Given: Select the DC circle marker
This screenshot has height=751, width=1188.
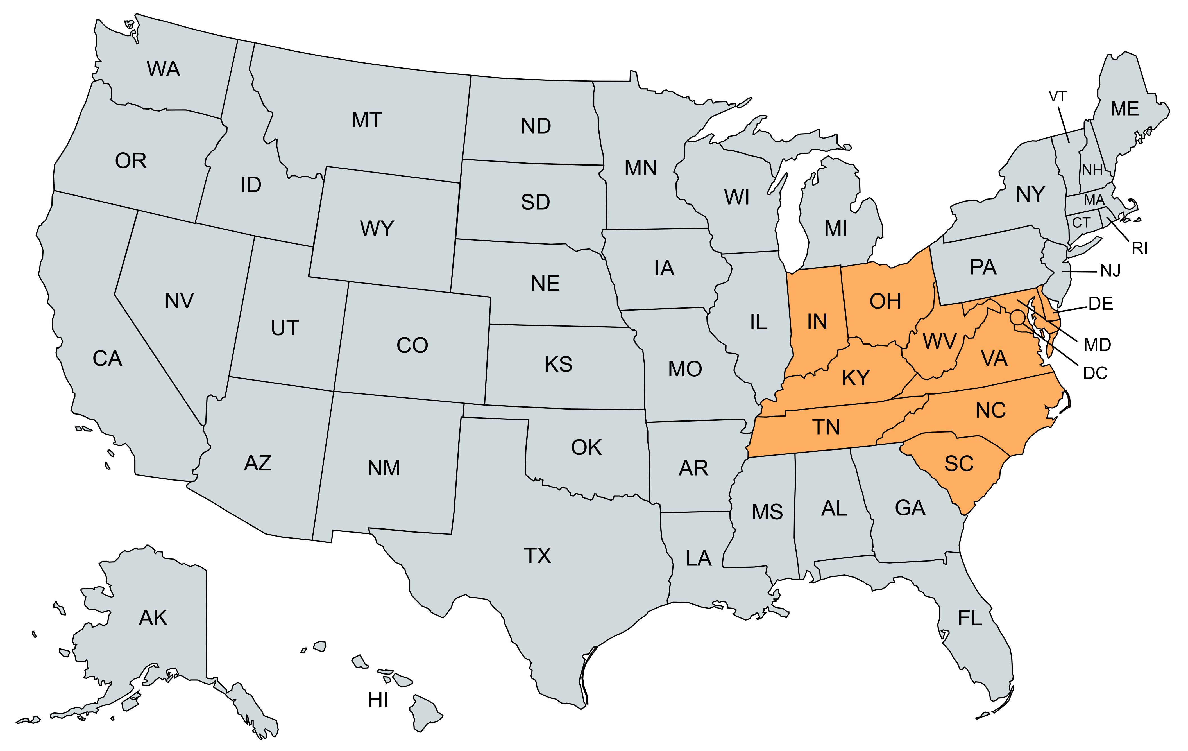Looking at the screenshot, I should [1017, 317].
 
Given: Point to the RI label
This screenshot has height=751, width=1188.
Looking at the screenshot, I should [1140, 248].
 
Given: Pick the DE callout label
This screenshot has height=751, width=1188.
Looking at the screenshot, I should [1100, 304].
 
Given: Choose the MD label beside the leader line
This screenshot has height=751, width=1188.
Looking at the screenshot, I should [1097, 345].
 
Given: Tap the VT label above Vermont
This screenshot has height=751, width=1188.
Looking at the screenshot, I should [1057, 97].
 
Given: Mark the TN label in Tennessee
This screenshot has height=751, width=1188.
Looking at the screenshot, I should [826, 427].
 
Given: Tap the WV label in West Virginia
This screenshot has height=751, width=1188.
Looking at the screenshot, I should [939, 341].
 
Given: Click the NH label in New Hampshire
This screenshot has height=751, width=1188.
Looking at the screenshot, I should [1092, 170].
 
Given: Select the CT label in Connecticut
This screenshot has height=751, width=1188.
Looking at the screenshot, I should [1081, 223].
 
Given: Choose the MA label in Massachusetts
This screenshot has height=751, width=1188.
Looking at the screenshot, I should [1094, 200].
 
